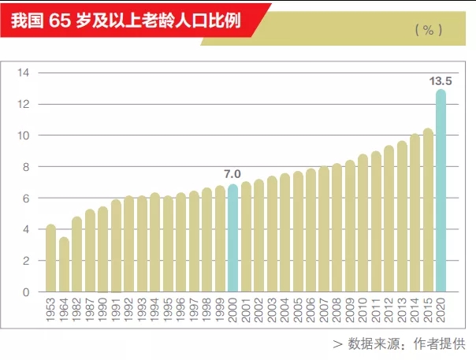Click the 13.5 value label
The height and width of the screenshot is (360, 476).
pos(440,80)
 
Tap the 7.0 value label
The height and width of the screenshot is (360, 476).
pos(232,174)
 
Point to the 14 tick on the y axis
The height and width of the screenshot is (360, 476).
pos(23,73)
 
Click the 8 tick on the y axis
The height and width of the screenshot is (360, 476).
pos(25,167)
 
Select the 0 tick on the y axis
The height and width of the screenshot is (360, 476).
pos(25,292)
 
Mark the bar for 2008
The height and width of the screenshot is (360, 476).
pos(337,228)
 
